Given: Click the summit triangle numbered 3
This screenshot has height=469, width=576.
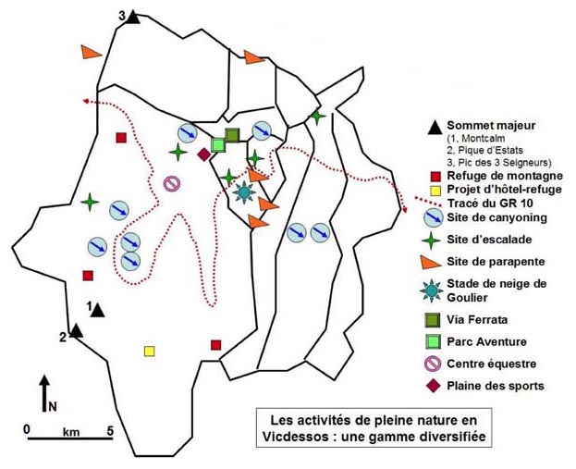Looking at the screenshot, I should coord(134,18).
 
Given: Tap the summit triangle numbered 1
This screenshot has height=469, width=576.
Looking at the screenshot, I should coord(98,311).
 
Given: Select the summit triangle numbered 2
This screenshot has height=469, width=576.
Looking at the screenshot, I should coord(77,330).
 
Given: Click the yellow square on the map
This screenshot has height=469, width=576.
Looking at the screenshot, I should coord(150,352).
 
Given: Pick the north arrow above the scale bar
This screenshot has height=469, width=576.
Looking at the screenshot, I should coord(44,394).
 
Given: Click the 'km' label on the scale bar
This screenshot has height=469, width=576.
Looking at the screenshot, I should coord(71,431).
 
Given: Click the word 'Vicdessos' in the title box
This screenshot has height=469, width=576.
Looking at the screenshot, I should coord(300,435).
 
